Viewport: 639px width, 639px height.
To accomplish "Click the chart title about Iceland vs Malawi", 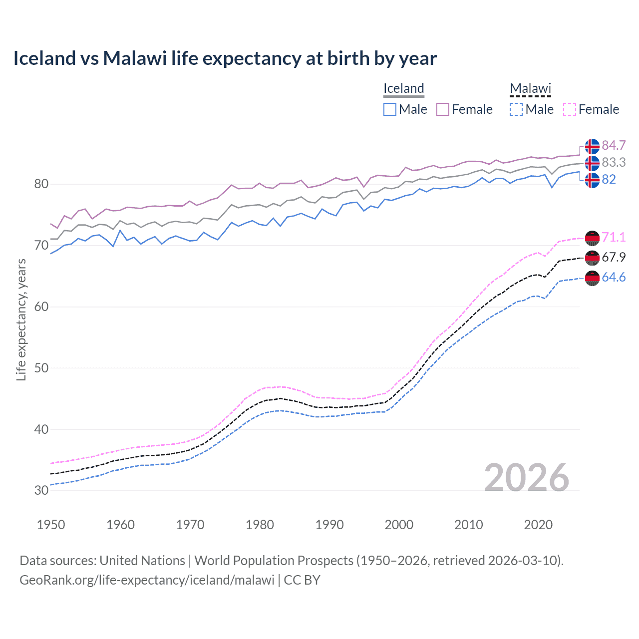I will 225,58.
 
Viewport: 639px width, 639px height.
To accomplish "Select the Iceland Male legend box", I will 390,109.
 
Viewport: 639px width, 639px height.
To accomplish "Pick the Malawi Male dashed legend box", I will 516,109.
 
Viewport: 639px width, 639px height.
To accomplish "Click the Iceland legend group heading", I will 403,88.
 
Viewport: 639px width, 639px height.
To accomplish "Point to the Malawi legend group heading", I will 530,88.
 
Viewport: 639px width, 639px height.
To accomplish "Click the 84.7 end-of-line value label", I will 614,145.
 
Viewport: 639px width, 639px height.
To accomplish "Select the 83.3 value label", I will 614,162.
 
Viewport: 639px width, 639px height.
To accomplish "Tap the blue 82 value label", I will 609,179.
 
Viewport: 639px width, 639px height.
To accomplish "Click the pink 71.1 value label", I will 614,238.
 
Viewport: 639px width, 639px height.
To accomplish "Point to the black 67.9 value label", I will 614,257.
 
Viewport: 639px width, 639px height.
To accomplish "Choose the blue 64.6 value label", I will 614,277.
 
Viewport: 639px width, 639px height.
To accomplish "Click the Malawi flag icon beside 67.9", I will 592,258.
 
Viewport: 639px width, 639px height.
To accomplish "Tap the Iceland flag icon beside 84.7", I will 592,146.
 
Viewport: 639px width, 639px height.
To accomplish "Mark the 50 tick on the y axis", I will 41,368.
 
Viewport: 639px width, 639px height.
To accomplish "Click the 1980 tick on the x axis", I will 260,525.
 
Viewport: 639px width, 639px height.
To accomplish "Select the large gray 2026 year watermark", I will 526,478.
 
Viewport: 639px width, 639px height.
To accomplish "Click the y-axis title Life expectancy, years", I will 21,319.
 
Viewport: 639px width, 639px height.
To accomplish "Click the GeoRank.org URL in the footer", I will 147,580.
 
